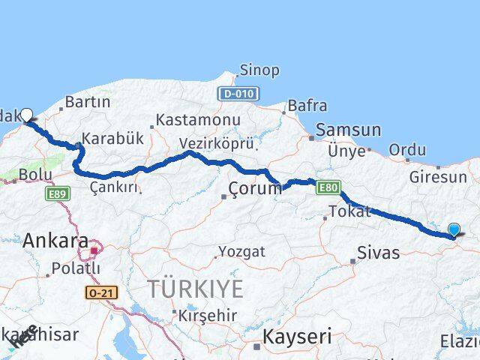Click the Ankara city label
tap(55, 241)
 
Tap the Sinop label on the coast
tap(259, 70)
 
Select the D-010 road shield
tap(238, 94)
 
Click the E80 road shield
tap(328, 187)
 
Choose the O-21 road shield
tap(103, 292)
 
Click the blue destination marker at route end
tap(454, 230)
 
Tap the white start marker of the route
tap(26, 115)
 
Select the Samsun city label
tap(348, 130)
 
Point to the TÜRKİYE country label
tap(195, 289)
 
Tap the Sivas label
tap(379, 252)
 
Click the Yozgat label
tap(241, 252)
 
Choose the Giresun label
tap(438, 178)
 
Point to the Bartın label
tap(88, 102)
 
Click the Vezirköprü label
tap(217, 143)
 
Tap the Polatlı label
tap(76, 268)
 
